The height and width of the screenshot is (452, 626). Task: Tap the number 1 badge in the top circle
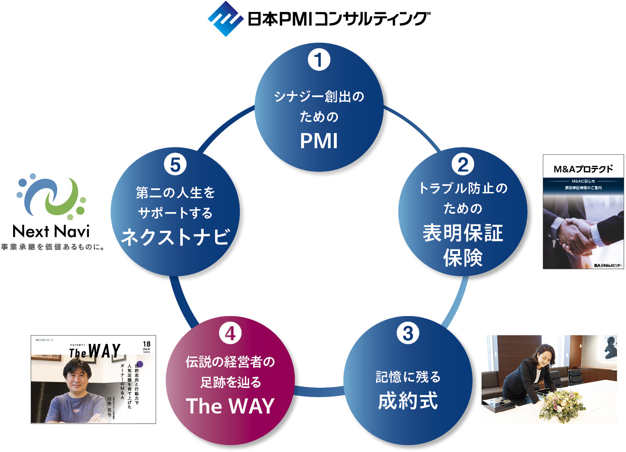click(x=319, y=60)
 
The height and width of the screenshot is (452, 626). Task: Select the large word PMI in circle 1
click(x=319, y=141)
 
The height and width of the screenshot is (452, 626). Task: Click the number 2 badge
click(x=463, y=165)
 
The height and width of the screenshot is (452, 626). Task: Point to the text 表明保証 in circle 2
click(x=463, y=233)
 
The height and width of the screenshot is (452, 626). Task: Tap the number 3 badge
click(x=408, y=333)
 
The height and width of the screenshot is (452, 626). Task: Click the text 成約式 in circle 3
click(x=408, y=401)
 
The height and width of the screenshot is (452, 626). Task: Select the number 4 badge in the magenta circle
click(x=230, y=333)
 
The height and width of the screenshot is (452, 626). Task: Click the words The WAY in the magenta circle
click(x=230, y=406)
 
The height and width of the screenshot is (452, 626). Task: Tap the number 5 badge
click(x=175, y=165)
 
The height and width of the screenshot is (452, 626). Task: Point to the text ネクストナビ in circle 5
click(x=175, y=237)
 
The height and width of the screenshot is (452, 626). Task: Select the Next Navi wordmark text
click(x=51, y=232)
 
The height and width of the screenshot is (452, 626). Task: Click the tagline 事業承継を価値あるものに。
click(x=52, y=247)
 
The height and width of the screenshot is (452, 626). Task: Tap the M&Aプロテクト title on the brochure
click(x=583, y=169)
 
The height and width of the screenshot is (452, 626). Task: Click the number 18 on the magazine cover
click(x=146, y=344)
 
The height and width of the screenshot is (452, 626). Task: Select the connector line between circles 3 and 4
click(x=319, y=391)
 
